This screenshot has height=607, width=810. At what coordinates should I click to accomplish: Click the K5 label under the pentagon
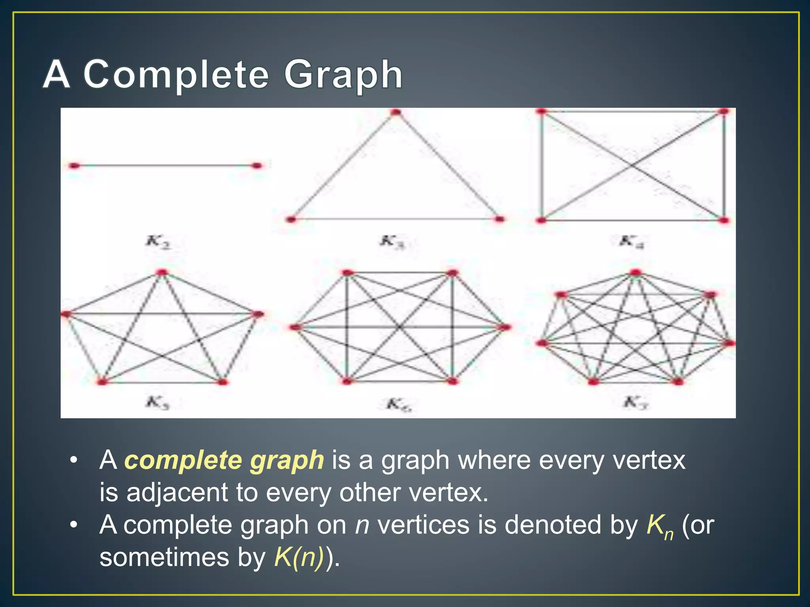(157, 403)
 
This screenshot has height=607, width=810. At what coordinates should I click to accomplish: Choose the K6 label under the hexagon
(398, 404)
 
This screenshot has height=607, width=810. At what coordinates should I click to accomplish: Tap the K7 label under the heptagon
(635, 403)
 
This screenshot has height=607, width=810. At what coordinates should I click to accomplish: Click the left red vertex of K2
(74, 166)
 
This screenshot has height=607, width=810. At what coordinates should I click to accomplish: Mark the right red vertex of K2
(257, 166)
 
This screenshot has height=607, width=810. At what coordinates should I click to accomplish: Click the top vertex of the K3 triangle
(396, 113)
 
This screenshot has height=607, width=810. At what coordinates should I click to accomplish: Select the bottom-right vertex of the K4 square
(724, 220)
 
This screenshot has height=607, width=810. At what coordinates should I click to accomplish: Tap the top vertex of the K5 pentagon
(162, 272)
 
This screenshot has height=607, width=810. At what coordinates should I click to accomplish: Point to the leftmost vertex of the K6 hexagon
(295, 327)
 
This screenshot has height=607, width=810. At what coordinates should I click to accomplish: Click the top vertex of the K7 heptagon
(635, 272)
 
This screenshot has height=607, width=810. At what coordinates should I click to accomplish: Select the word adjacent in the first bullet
(177, 493)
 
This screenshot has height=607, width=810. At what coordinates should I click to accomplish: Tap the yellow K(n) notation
(299, 557)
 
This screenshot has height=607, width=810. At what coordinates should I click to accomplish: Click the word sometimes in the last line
(164, 557)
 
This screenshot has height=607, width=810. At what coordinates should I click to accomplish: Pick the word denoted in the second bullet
(553, 525)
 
